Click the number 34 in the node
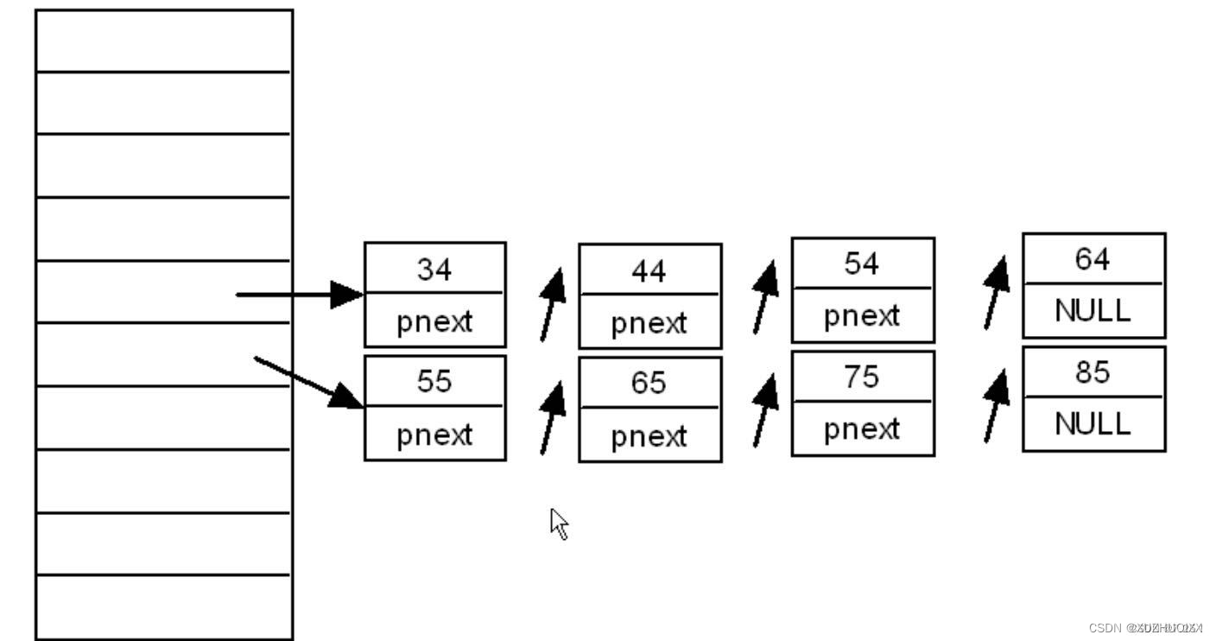click(x=434, y=270)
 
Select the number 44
click(x=649, y=271)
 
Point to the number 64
click(x=1092, y=259)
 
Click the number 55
click(x=434, y=381)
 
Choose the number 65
click(x=649, y=383)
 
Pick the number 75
click(x=862, y=377)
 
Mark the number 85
click(x=1092, y=372)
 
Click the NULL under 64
click(x=1092, y=311)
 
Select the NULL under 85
click(x=1092, y=423)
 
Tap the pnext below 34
click(x=434, y=322)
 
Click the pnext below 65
click(x=649, y=436)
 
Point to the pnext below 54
click(x=862, y=316)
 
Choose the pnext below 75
click(x=862, y=429)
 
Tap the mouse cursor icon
click(x=559, y=523)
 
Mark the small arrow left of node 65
click(x=552, y=417)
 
